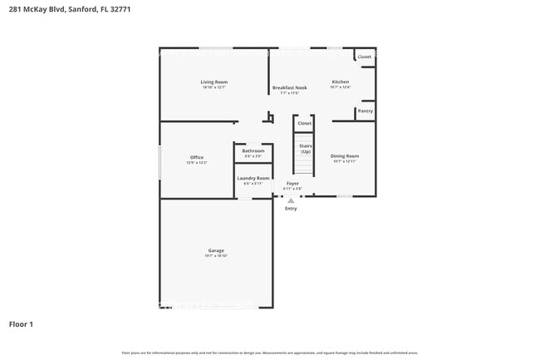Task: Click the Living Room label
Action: point(214,82)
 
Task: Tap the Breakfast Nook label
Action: point(289,87)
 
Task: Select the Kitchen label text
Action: point(341,81)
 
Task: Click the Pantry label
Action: point(365,111)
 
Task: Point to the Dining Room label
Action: point(345,155)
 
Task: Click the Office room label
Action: point(196,157)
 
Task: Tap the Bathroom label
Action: point(253,150)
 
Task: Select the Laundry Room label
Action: point(253,178)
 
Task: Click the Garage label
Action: point(216,250)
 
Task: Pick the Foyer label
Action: point(292,183)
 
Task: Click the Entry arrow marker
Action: point(291,200)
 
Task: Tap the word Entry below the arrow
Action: point(291,209)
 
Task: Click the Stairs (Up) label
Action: point(305,149)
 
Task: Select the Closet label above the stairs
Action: point(305,123)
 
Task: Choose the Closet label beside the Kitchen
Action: point(365,57)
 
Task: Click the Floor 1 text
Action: point(21,323)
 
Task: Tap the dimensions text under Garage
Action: point(216,256)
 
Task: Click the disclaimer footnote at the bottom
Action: point(270,353)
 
